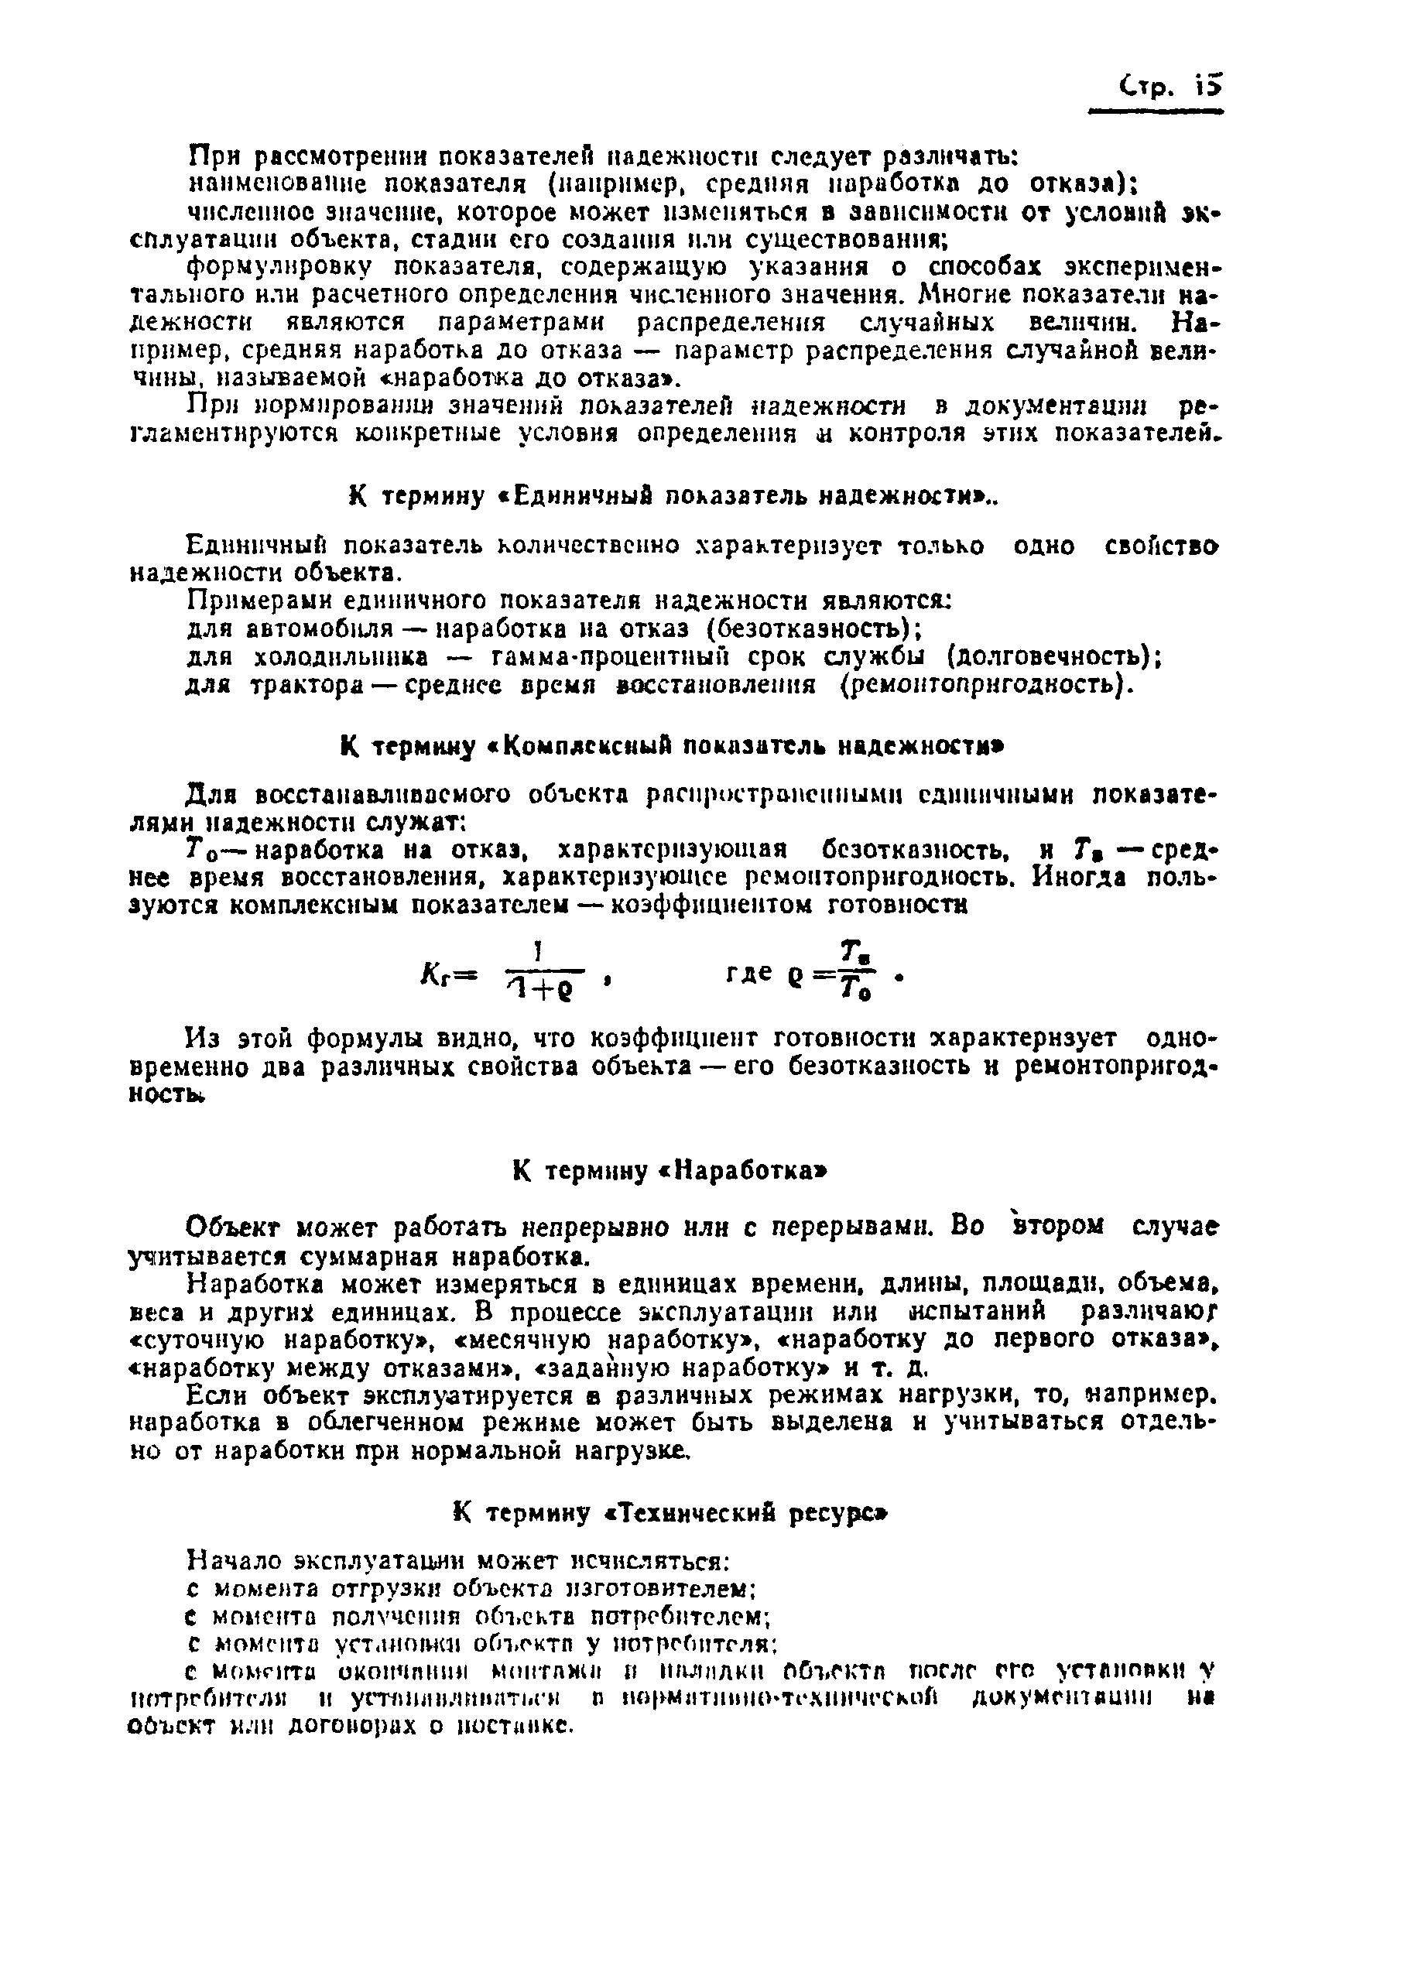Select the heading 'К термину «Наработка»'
(669, 1171)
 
